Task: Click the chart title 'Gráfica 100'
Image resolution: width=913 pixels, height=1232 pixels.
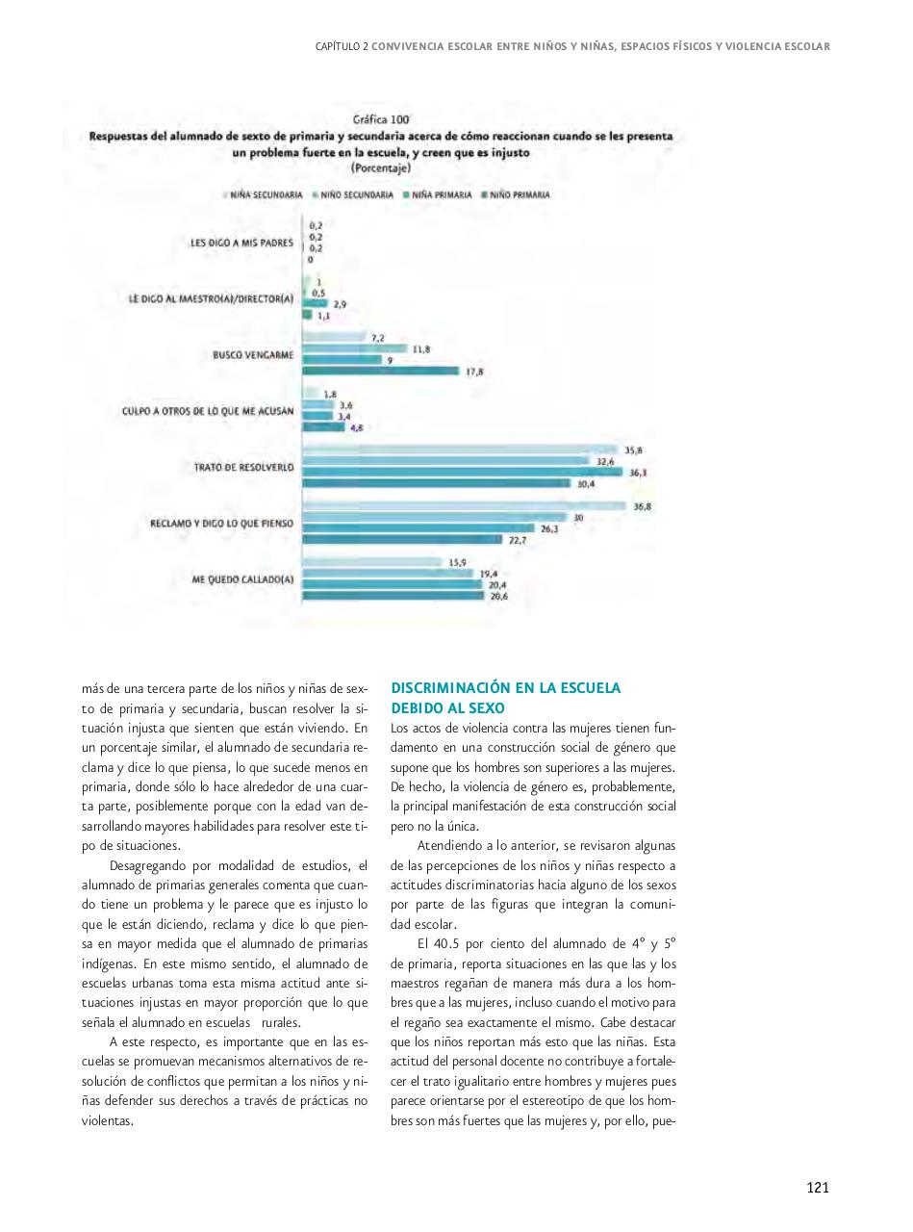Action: pyautogui.click(x=380, y=119)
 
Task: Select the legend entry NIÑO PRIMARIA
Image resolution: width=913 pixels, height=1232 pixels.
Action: pyautogui.click(x=520, y=194)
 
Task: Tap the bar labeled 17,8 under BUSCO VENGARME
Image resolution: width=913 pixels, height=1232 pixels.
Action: pyautogui.click(x=381, y=371)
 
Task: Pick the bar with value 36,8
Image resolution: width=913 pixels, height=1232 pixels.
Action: pyautogui.click(x=466, y=506)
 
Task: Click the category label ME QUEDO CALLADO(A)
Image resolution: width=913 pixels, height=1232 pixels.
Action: pyautogui.click(x=242, y=579)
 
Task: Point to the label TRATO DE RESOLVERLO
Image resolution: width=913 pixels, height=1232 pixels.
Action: pyautogui.click(x=243, y=468)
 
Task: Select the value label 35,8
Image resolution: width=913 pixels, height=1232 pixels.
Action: pyautogui.click(x=632, y=449)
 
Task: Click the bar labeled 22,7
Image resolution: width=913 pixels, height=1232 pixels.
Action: pyautogui.click(x=402, y=540)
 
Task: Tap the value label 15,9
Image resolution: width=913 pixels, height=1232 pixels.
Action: pyautogui.click(x=457, y=562)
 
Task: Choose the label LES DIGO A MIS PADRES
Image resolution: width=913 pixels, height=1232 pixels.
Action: pyautogui.click(x=241, y=243)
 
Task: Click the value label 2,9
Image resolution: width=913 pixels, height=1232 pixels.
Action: pyautogui.click(x=340, y=303)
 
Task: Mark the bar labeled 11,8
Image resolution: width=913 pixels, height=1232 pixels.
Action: pyautogui.click(x=355, y=348)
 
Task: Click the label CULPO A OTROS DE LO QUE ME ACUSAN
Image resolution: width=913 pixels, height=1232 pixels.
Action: pyautogui.click(x=208, y=411)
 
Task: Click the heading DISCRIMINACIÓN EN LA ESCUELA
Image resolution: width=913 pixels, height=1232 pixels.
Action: pyautogui.click(x=505, y=688)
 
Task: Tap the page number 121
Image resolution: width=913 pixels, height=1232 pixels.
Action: pyautogui.click(x=817, y=1187)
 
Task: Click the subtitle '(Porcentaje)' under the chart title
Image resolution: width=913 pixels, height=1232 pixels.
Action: pyautogui.click(x=380, y=167)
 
